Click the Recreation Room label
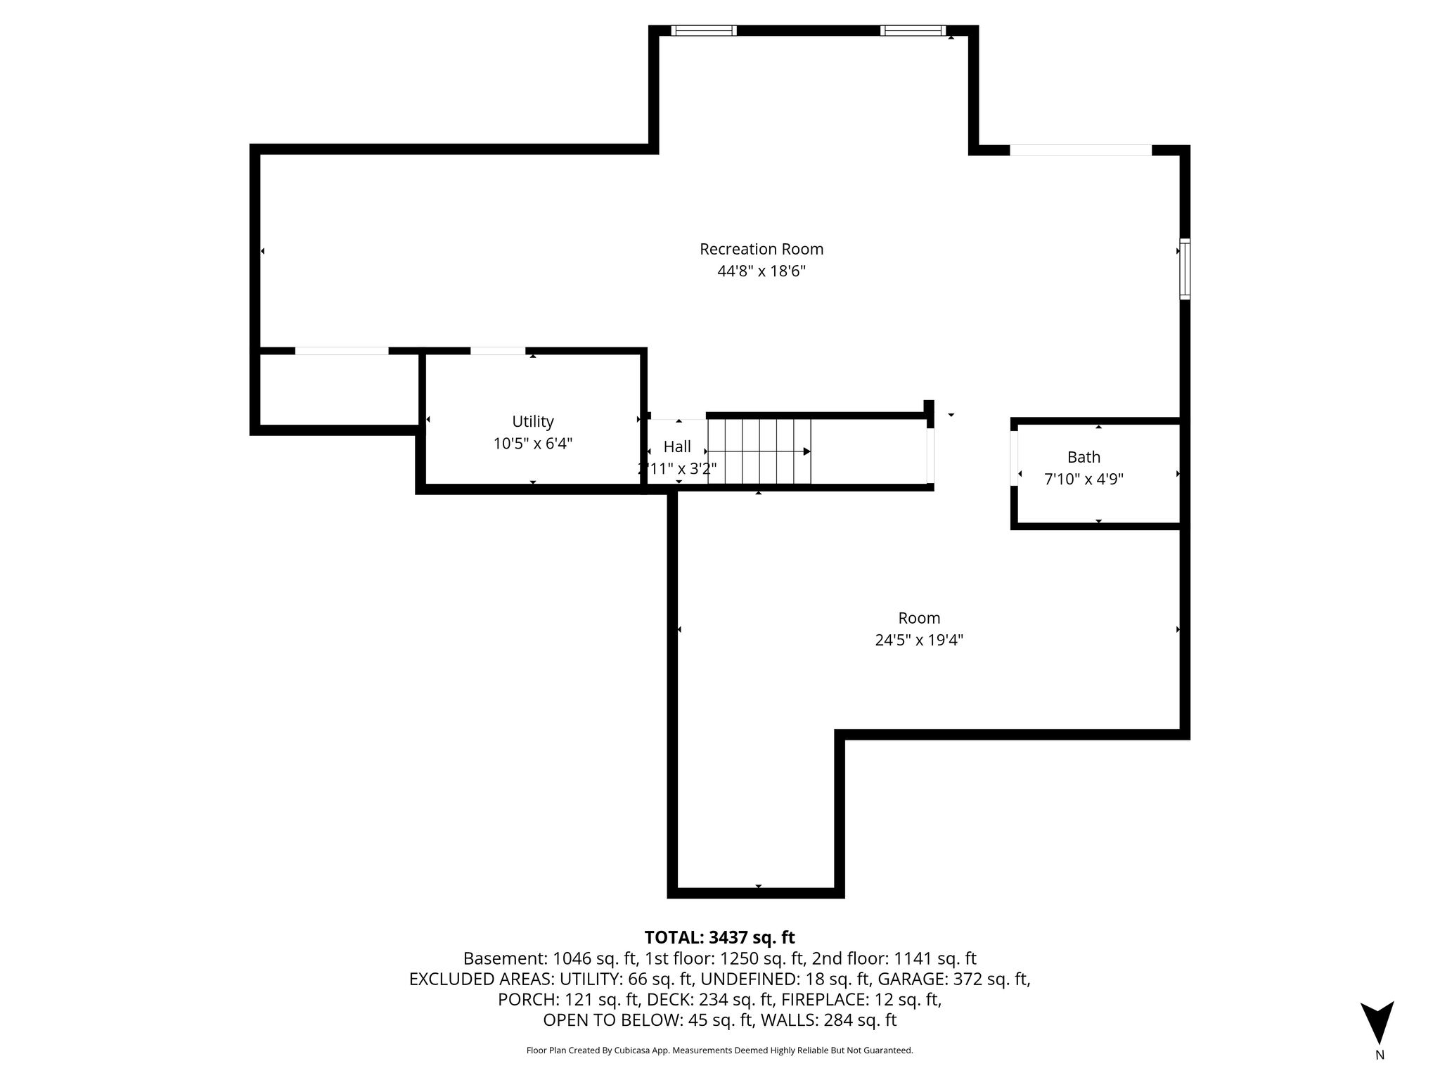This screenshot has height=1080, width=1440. [761, 249]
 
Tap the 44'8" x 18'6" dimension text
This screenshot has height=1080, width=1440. [761, 271]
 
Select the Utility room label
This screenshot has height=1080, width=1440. [533, 422]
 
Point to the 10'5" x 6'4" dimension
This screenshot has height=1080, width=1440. [533, 444]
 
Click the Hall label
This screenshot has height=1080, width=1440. [677, 446]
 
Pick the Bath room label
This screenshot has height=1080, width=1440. [1084, 457]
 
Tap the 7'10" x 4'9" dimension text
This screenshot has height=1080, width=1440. [1084, 480]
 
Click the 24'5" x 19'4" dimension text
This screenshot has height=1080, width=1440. [919, 641]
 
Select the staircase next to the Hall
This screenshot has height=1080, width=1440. [759, 451]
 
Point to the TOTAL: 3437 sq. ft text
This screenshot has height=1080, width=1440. [719, 937]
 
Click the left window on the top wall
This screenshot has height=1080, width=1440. [704, 30]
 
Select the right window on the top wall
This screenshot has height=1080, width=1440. [913, 30]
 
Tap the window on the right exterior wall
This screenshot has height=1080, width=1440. [1185, 269]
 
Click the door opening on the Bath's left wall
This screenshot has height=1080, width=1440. [1014, 458]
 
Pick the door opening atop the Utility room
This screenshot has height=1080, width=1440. [498, 351]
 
